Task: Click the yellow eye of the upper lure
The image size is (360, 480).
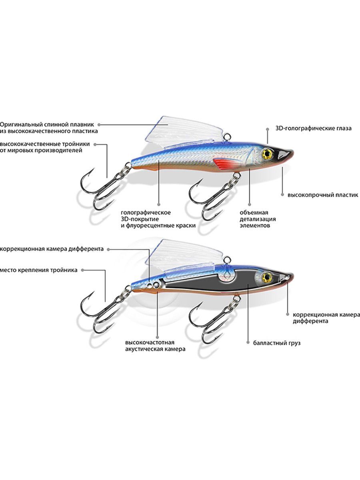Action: [x=267, y=154]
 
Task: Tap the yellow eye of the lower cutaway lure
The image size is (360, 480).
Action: [x=267, y=277]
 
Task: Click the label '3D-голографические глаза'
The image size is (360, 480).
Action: [x=314, y=128]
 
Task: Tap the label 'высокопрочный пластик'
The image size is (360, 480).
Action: [x=323, y=195]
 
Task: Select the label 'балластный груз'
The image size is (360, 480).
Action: [x=277, y=343]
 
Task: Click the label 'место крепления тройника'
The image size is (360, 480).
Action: [x=39, y=270]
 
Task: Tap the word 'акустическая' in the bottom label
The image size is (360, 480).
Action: [x=144, y=349]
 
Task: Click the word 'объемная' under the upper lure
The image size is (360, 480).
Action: [x=254, y=212]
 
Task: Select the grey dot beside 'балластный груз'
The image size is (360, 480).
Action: [x=248, y=343]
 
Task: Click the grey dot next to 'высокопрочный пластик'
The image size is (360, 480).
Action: [x=282, y=194]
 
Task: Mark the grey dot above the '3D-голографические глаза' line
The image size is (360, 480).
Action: [x=267, y=129]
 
